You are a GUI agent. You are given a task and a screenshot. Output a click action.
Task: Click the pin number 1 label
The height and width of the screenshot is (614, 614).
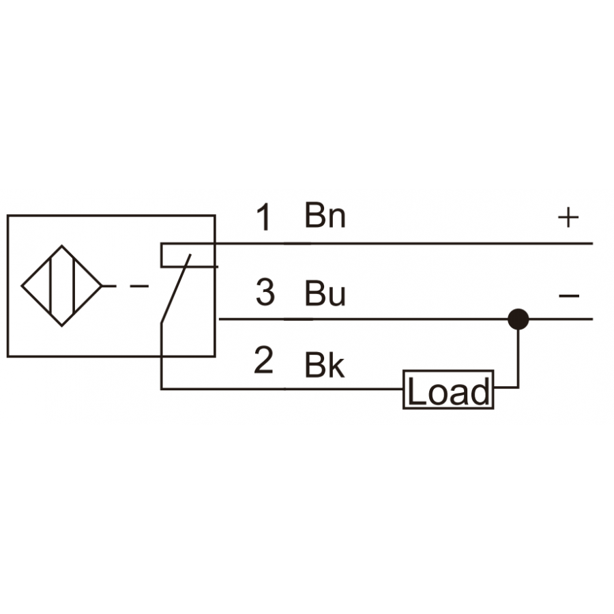[x=264, y=217]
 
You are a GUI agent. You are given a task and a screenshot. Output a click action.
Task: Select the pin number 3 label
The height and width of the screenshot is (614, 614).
[x=265, y=292]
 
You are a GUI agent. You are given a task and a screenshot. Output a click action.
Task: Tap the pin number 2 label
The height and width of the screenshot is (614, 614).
[x=263, y=360]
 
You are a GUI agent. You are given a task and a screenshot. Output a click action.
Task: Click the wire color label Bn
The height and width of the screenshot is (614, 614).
[x=325, y=215]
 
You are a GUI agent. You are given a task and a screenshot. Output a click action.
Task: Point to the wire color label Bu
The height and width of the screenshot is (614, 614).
[x=325, y=292]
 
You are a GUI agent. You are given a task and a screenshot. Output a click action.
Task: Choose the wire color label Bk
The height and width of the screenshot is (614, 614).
[x=325, y=366]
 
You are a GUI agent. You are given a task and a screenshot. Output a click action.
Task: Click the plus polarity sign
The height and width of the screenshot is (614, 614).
[x=568, y=218]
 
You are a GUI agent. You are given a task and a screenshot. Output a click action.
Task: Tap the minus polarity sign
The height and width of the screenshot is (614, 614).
[x=569, y=295]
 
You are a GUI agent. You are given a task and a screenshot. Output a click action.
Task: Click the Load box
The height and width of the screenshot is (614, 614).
[x=448, y=390]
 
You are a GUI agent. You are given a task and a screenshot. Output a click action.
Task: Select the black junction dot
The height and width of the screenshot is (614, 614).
[x=518, y=319]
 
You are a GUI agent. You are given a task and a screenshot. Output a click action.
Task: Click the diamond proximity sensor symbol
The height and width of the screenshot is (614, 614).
[x=62, y=286]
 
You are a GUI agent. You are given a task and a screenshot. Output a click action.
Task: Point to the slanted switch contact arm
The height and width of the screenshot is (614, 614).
[x=176, y=289]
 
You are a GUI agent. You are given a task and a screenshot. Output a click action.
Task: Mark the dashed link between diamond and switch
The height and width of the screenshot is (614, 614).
[x=126, y=287]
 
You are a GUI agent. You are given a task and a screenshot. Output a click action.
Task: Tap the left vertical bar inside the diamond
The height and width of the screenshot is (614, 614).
[x=50, y=286]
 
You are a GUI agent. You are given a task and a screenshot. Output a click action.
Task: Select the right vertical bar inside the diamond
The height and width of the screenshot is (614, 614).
[x=74, y=286]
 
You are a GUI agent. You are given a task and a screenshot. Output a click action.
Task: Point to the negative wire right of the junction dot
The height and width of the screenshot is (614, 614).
[x=561, y=319]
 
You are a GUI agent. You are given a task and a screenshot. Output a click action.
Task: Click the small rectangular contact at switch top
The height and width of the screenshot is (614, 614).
[x=188, y=255]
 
